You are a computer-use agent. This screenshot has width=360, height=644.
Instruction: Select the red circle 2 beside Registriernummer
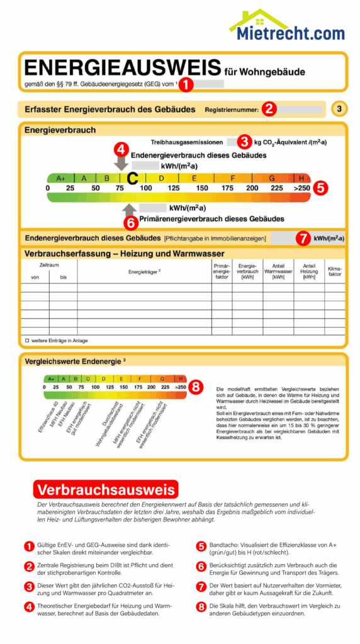tap(269, 109)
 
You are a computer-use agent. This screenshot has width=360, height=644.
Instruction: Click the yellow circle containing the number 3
tap(339, 109)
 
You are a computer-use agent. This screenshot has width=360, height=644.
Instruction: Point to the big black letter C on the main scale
tap(132, 179)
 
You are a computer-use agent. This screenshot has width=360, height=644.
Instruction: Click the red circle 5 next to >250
tap(320, 187)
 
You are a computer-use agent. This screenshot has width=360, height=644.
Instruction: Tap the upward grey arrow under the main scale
tap(130, 209)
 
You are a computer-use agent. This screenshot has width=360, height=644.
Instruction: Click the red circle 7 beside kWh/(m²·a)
tap(303, 238)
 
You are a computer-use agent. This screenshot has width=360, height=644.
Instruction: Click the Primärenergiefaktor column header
tap(222, 271)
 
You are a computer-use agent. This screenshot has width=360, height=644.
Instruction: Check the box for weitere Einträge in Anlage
tap(27, 340)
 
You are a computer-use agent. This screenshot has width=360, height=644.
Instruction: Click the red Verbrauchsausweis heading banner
tap(106, 489)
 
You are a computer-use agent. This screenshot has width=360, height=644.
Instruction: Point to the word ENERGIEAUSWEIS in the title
tap(123, 68)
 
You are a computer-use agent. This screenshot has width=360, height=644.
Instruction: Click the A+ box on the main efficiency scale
tap(61, 179)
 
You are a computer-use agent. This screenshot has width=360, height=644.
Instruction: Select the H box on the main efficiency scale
tap(301, 179)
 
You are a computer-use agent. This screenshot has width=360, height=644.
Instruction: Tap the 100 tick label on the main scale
tap(146, 188)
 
